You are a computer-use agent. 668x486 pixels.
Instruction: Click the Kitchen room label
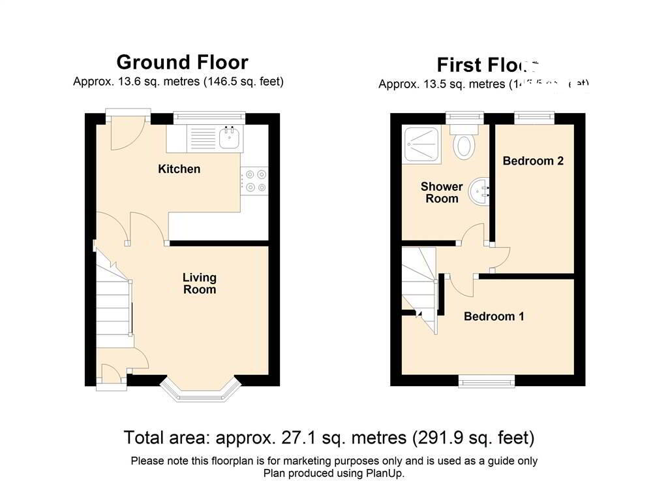(179, 169)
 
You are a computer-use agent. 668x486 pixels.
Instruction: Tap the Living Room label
(199, 283)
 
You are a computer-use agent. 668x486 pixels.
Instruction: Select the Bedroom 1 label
(494, 317)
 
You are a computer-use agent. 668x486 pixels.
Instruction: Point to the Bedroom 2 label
(533, 161)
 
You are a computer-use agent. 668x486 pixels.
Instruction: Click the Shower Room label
(442, 193)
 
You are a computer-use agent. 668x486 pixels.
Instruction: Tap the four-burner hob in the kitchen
(254, 181)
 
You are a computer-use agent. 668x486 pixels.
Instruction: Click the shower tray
(422, 144)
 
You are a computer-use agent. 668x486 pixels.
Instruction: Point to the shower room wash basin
(482, 189)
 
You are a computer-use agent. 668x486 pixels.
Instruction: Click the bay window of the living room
(199, 391)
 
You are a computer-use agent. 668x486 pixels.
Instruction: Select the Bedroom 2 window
(534, 118)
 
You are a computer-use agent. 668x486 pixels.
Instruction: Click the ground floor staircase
(114, 307)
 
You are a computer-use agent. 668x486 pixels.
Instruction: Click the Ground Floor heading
(182, 62)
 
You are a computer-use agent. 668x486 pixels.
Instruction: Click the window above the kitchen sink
(209, 118)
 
